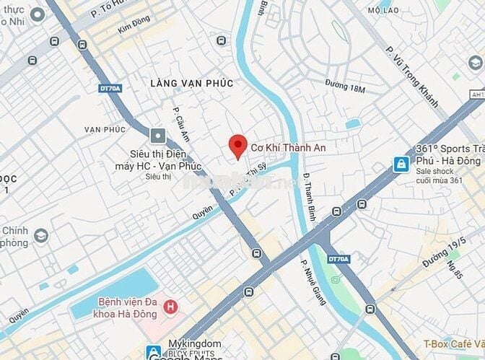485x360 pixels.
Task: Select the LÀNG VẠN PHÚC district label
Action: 191,84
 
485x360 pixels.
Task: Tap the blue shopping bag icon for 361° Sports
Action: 400,165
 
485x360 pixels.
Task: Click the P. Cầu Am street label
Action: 180,124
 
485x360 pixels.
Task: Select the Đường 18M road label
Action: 345,88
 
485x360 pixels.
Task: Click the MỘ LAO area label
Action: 383,11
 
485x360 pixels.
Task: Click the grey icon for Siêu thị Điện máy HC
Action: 158,136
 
